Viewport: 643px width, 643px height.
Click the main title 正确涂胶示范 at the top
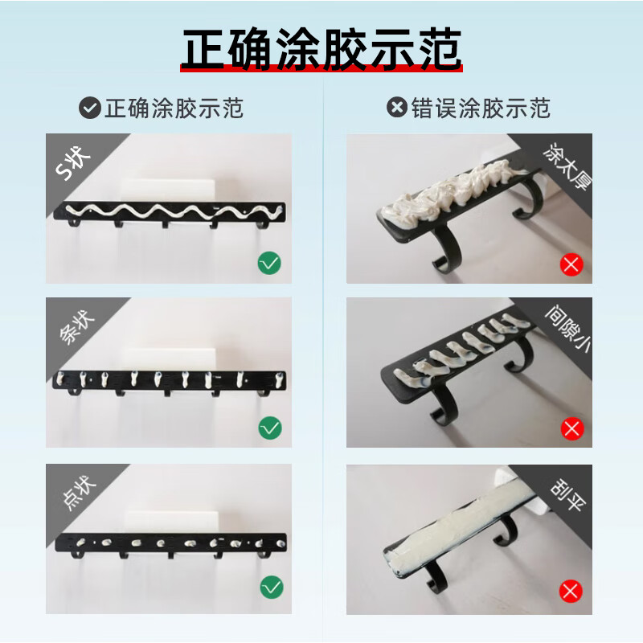(x=321, y=50)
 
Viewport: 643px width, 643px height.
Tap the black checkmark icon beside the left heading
(x=89, y=108)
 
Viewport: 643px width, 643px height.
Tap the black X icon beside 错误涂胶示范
(x=397, y=108)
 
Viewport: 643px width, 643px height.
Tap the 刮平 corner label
(x=567, y=489)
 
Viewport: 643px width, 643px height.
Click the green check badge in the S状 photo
(x=269, y=263)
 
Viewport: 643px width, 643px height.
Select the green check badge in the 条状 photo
(x=269, y=427)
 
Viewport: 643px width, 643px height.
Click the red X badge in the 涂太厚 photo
(x=571, y=264)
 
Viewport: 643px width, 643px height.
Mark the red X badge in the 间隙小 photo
(x=571, y=428)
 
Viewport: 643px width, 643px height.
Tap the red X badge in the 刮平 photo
(x=571, y=592)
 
